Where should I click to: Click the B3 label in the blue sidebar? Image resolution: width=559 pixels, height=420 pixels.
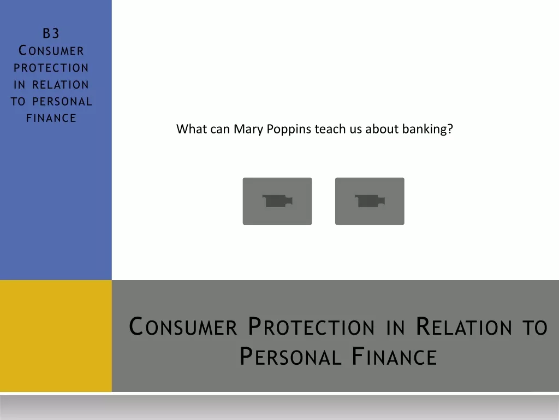point(51,33)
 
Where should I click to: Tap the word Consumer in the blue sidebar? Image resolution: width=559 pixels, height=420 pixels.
point(51,50)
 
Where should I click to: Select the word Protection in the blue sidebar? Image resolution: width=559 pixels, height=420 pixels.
point(51,67)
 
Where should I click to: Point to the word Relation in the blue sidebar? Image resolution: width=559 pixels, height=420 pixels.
point(60,85)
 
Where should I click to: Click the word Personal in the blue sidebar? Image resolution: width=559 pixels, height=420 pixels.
point(62,101)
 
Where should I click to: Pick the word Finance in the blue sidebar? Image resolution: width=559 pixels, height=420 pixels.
point(51,118)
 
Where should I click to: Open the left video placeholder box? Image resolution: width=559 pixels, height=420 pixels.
point(277,201)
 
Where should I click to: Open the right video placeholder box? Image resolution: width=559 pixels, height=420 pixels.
point(370,201)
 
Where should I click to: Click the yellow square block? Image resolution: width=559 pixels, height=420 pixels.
point(56,336)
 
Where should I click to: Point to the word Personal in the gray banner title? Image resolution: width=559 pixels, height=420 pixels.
point(290,356)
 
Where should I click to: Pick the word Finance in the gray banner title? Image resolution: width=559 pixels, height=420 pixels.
point(394,356)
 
